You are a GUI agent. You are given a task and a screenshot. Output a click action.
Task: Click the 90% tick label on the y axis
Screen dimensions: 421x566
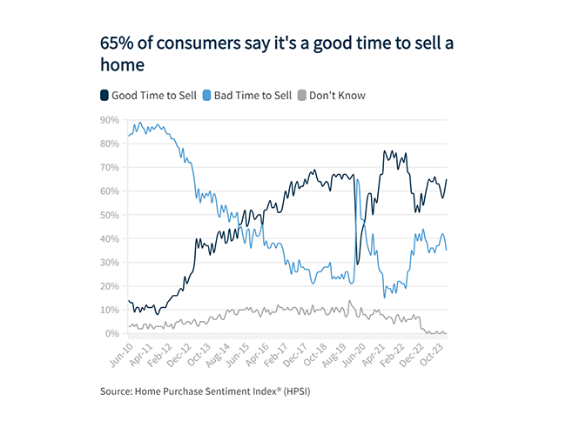(110, 120)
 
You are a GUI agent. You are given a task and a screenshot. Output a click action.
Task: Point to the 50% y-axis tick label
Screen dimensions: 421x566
(110, 215)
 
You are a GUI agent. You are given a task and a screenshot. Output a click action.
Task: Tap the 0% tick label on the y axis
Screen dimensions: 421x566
(112, 333)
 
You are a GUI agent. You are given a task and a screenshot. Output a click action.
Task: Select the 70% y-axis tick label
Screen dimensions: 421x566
(110, 167)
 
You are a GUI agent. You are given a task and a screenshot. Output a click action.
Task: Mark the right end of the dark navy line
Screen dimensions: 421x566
(447, 180)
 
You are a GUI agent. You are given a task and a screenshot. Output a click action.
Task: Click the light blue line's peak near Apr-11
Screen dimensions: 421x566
(141, 123)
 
